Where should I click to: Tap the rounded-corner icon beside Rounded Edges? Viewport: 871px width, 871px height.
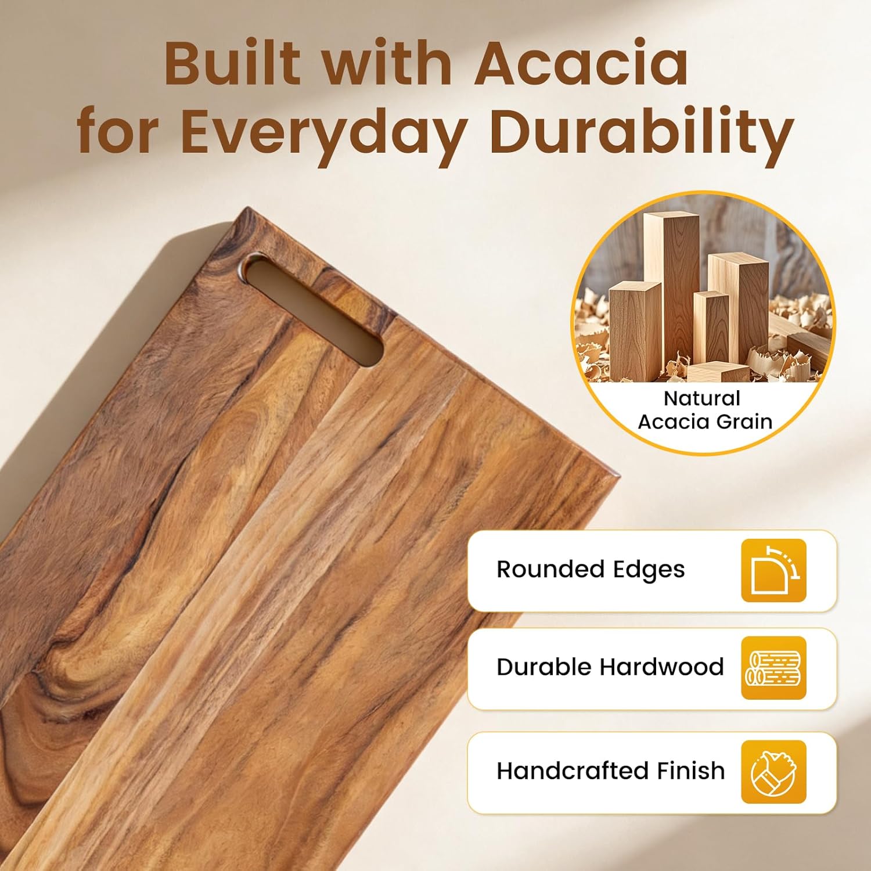[773, 570]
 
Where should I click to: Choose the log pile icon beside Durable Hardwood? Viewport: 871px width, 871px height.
[773, 668]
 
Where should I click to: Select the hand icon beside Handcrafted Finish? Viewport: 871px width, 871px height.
[773, 772]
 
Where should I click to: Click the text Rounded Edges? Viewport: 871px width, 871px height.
[591, 570]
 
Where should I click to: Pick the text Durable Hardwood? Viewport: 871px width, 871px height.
[610, 667]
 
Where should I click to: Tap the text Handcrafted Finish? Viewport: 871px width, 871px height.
[610, 771]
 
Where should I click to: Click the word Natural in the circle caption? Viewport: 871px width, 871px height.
[701, 398]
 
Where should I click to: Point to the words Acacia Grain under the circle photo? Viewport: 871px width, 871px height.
[705, 422]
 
